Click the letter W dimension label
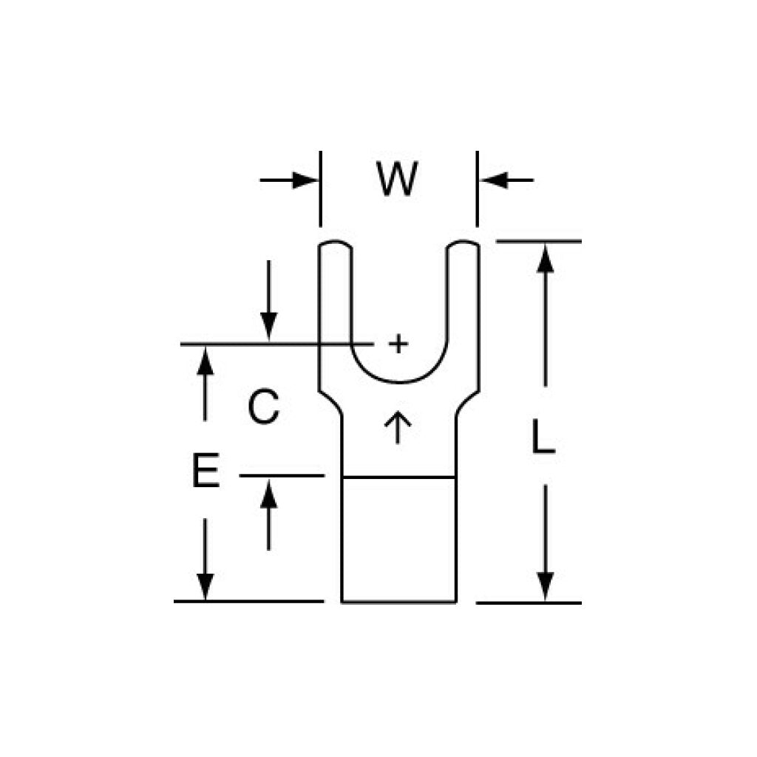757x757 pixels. pyautogui.click(x=397, y=179)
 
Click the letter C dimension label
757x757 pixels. pyautogui.click(x=264, y=407)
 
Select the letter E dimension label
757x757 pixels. pyautogui.click(x=206, y=469)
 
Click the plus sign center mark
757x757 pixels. pyautogui.click(x=398, y=344)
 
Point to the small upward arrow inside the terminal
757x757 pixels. pyautogui.click(x=397, y=427)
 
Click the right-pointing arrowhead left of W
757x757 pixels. pyautogui.click(x=305, y=180)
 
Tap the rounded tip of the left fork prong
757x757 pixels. pyautogui.click(x=335, y=243)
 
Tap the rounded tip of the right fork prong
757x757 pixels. pyautogui.click(x=463, y=243)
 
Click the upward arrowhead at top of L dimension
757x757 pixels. pyautogui.click(x=545, y=258)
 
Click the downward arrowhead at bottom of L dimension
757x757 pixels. pyautogui.click(x=545, y=586)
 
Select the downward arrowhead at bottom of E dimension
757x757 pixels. pyautogui.click(x=206, y=586)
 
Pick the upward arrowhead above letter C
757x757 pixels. pyautogui.click(x=206, y=361)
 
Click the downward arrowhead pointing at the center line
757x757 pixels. pyautogui.click(x=268, y=327)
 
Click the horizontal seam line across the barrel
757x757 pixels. pyautogui.click(x=398, y=478)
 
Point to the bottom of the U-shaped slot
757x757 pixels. pyautogui.click(x=398, y=383)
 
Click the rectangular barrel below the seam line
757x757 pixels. pyautogui.click(x=398, y=540)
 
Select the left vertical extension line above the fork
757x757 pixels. pyautogui.click(x=320, y=189)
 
